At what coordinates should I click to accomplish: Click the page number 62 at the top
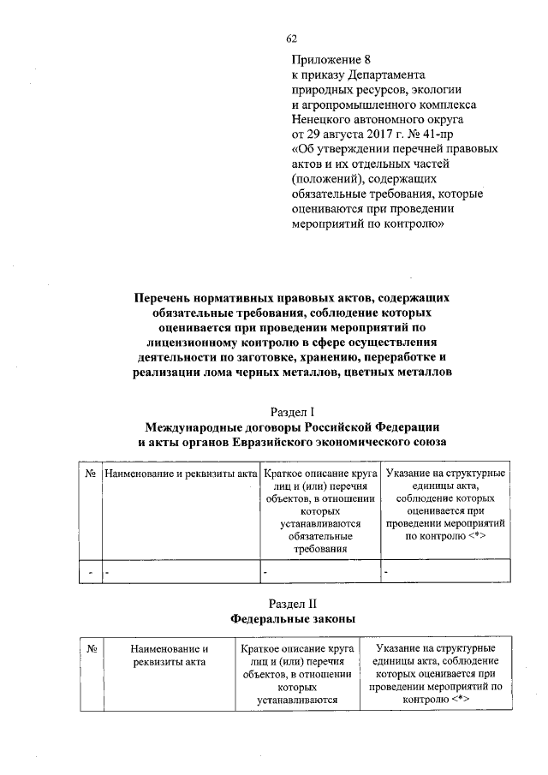pos(291,39)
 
